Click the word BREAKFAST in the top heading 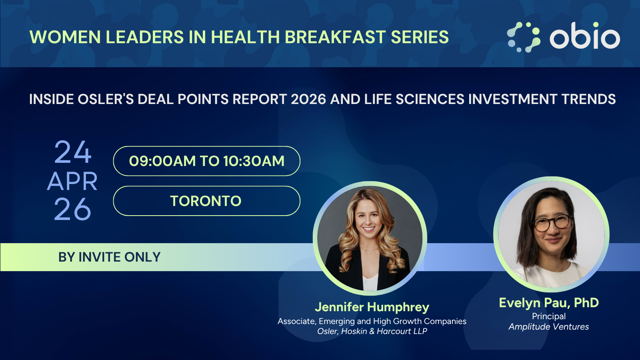335,37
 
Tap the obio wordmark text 585,36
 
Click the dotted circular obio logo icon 524,37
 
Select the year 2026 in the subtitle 308,99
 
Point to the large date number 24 73,152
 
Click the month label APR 72,182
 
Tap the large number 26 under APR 72,209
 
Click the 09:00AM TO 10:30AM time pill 206,161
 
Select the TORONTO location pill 206,201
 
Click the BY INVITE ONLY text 110,257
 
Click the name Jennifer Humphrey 372,307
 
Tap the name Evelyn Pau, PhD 548,303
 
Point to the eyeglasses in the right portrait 552,223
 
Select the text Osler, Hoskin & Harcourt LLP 372,331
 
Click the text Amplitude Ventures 548,326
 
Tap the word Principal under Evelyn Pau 548,316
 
